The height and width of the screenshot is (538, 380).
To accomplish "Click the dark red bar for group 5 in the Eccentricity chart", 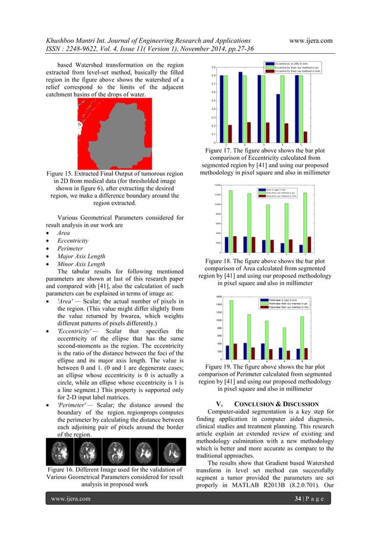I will click(306, 137).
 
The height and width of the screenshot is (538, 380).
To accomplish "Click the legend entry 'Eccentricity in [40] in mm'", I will click(296, 63).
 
